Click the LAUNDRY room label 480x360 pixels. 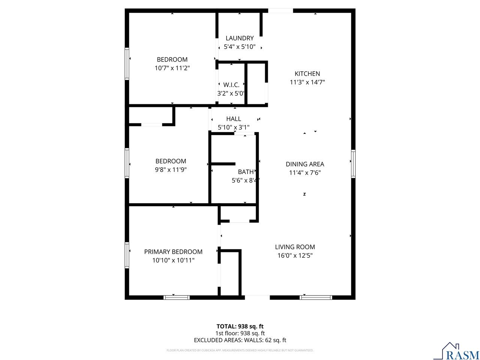[x=240, y=38]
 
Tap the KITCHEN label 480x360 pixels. [x=307, y=74]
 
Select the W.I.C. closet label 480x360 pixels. [x=231, y=85]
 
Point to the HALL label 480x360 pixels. [x=234, y=119]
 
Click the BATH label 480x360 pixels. [x=246, y=172]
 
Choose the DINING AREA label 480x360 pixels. [x=305, y=164]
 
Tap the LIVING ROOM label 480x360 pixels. [x=295, y=247]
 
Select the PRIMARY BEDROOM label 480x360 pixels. [x=173, y=252]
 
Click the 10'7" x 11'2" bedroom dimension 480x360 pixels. [x=172, y=68]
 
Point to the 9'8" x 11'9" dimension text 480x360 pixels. [x=171, y=169]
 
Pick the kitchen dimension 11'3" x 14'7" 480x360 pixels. [x=307, y=82]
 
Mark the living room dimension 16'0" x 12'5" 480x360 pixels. [x=295, y=256]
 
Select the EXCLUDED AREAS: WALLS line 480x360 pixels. [x=240, y=340]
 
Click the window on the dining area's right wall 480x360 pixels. [x=353, y=163]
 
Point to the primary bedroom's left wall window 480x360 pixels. [x=127, y=255]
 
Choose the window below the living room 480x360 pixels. [x=316, y=297]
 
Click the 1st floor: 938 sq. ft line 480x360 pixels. [x=240, y=333]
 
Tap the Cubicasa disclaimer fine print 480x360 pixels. [x=240, y=350]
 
